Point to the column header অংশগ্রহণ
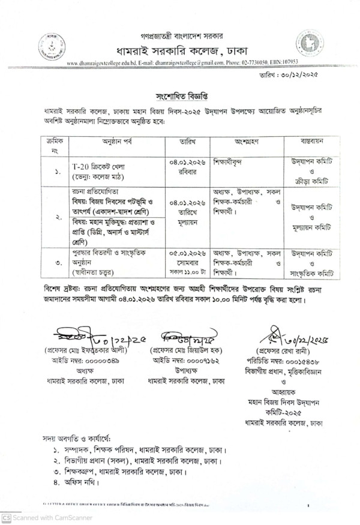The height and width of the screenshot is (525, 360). click(x=245, y=142)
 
